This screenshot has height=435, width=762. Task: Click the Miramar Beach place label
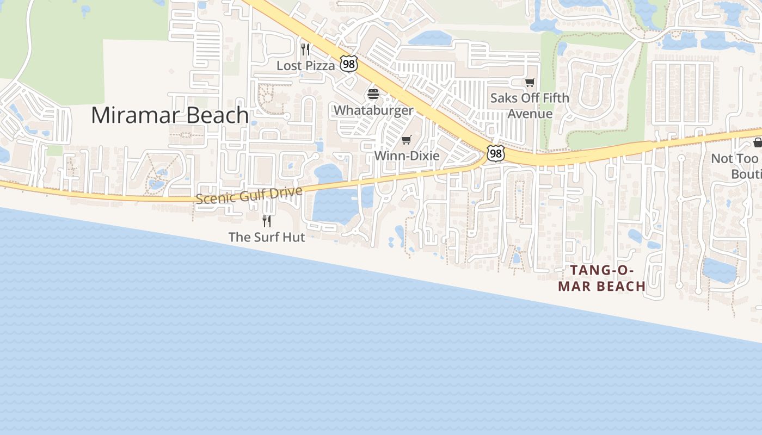[170, 115]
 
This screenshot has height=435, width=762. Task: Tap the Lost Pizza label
[305, 66]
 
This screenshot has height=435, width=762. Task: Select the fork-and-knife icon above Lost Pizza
[305, 50]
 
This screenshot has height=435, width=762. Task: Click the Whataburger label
[373, 110]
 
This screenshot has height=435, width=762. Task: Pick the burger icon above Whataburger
[373, 94]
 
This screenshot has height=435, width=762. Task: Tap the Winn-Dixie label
[407, 156]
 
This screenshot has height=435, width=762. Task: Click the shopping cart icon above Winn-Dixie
[407, 140]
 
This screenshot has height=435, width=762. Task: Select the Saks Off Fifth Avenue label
[530, 105]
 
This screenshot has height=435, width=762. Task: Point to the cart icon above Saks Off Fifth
[530, 82]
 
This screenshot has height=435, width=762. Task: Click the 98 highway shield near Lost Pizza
[348, 64]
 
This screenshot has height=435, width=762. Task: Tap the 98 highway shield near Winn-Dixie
[495, 154]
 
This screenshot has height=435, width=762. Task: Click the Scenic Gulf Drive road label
[249, 195]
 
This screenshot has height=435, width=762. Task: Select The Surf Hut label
[267, 237]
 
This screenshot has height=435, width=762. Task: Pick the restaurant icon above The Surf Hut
[267, 221]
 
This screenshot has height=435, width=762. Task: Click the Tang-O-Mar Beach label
[602, 278]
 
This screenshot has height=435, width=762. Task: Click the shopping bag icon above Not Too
[758, 142]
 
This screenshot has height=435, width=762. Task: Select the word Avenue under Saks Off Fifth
[530, 114]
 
